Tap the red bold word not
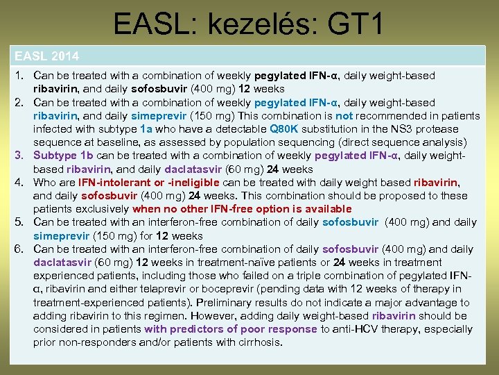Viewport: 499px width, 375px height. click(344, 116)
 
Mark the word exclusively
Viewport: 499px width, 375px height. click(103, 209)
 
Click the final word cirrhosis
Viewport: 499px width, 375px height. click(257, 342)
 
